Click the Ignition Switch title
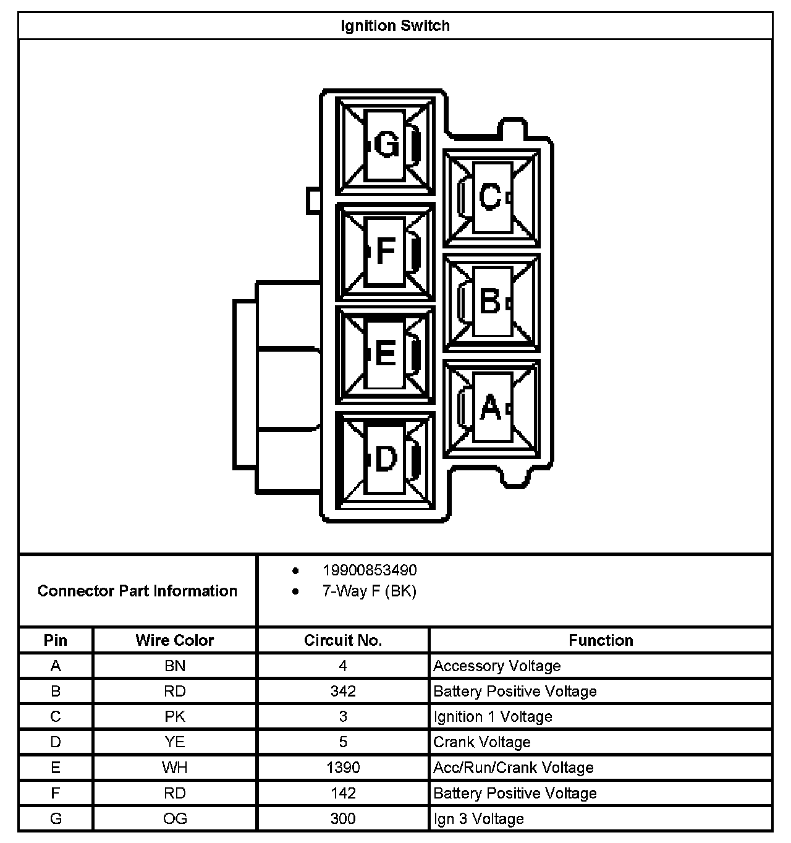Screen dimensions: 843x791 (x=395, y=26)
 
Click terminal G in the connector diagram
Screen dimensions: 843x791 (x=386, y=146)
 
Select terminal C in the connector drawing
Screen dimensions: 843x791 (x=490, y=198)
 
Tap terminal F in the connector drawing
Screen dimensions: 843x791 (x=386, y=251)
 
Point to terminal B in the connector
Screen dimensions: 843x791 (x=490, y=302)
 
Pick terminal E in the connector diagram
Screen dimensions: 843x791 (x=386, y=355)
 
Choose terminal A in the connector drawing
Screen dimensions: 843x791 (x=490, y=407)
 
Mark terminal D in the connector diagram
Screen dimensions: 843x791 (x=386, y=459)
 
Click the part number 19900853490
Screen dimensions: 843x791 (x=370, y=570)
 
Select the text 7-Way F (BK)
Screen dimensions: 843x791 (x=369, y=591)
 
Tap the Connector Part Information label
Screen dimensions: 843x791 (x=137, y=591)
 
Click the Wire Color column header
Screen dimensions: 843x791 (x=175, y=640)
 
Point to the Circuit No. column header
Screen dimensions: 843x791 (x=343, y=640)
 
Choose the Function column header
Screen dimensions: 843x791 (x=601, y=640)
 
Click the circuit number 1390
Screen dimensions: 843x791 (x=343, y=768)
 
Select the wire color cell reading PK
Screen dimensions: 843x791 (x=175, y=717)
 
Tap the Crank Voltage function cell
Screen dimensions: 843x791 (x=482, y=742)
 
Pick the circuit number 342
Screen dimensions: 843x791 (x=343, y=692)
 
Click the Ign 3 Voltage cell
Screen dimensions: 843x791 (x=479, y=819)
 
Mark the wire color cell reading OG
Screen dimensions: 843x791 (x=175, y=819)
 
